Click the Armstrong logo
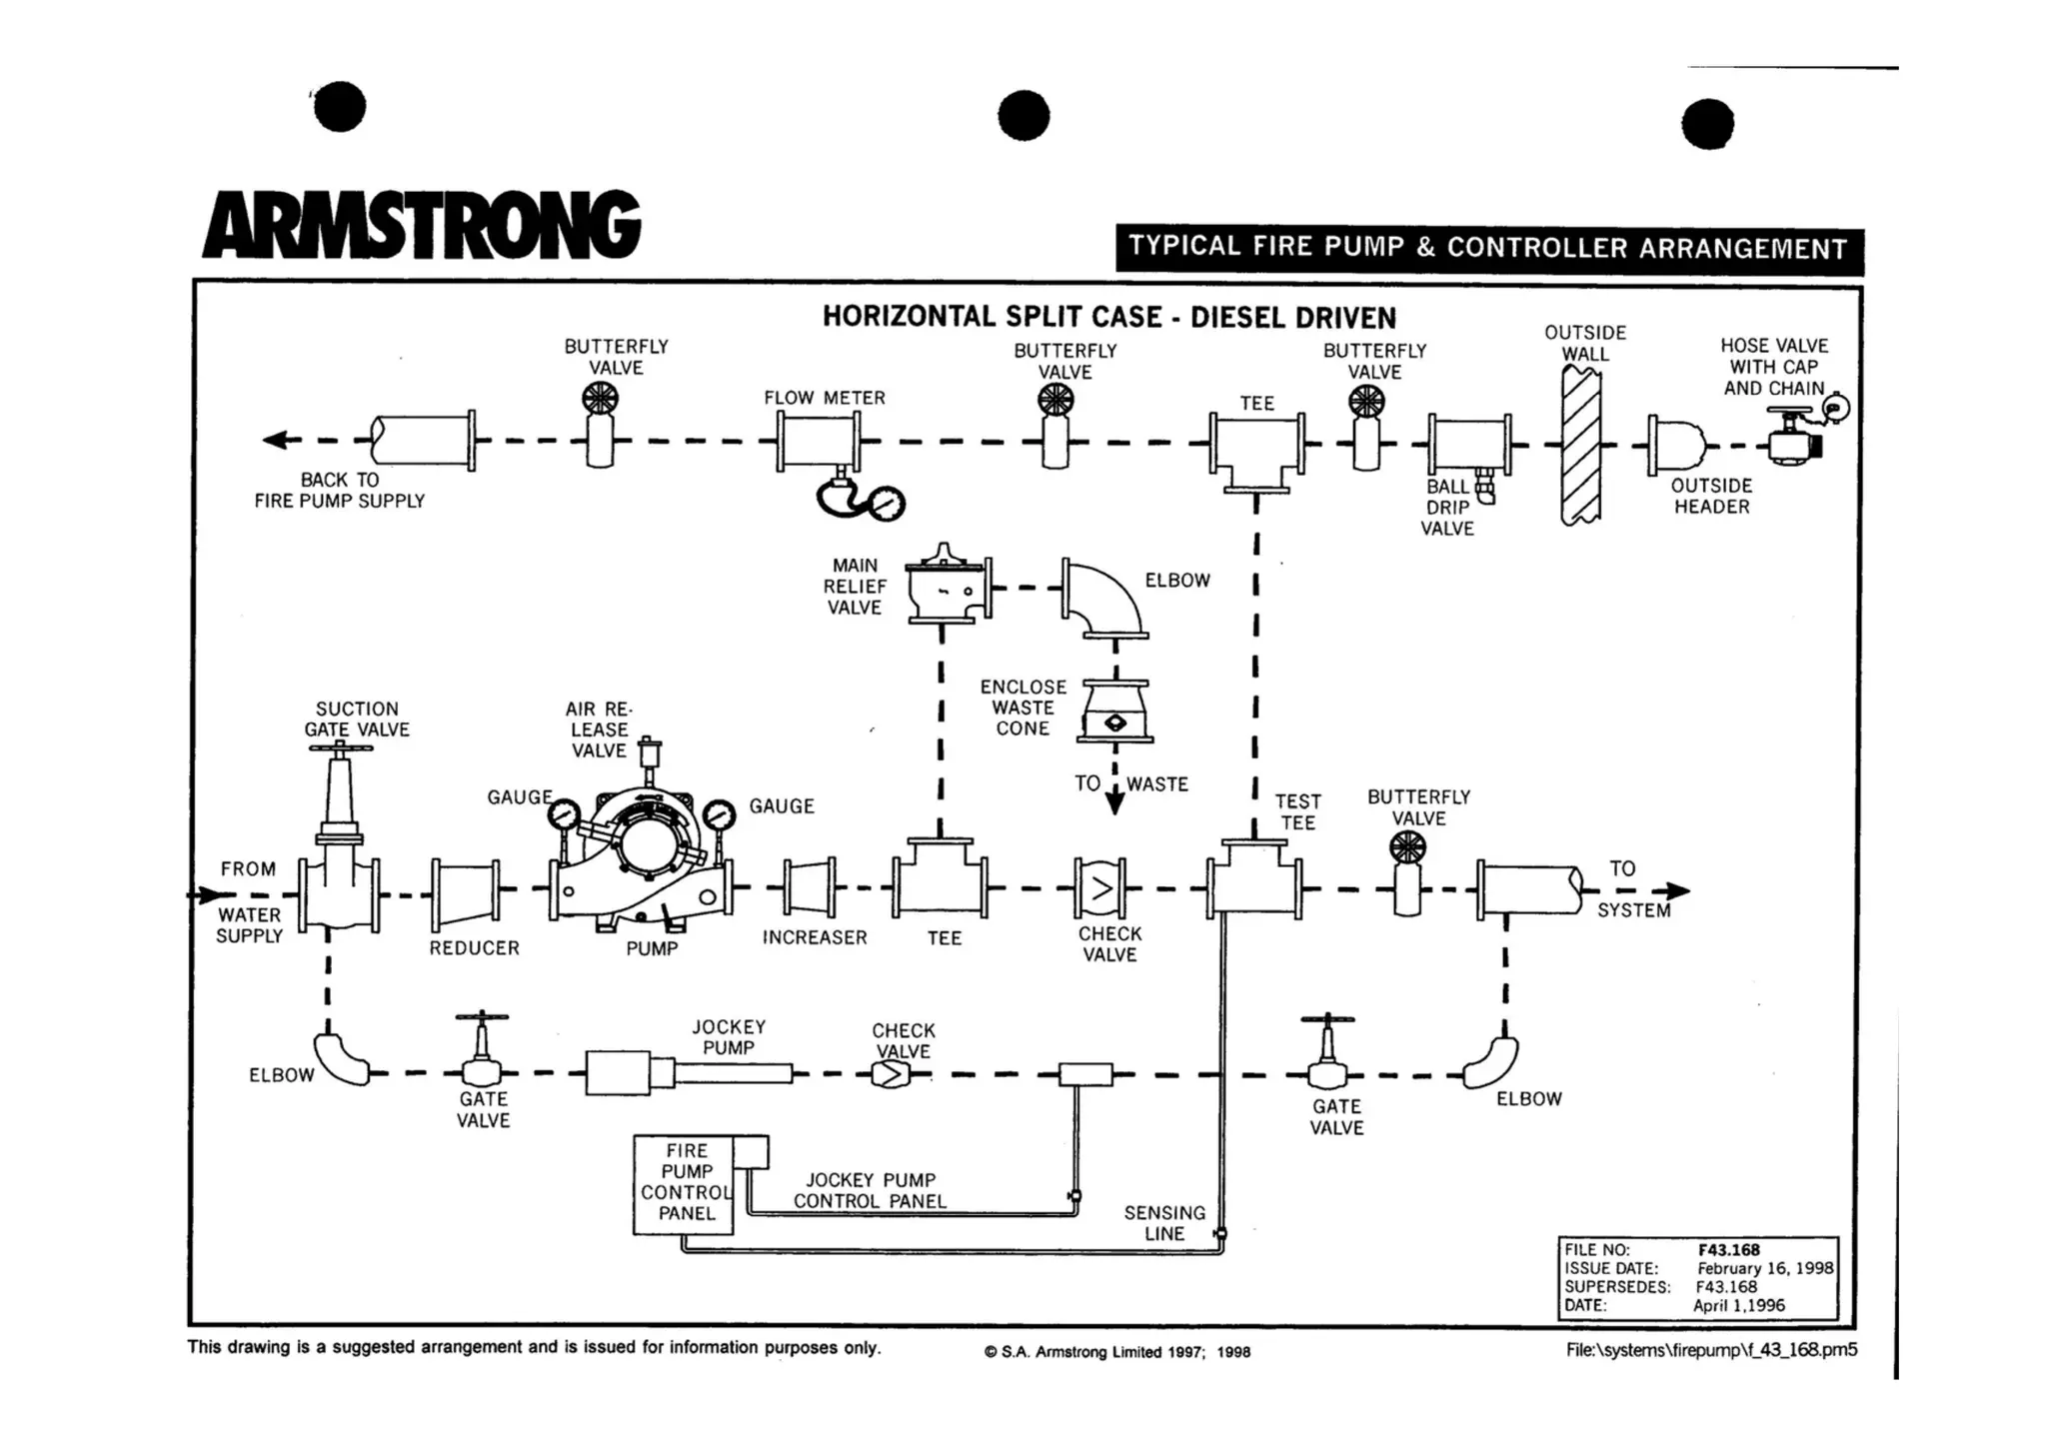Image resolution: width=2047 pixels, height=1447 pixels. (421, 225)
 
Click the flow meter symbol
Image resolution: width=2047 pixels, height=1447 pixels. (819, 442)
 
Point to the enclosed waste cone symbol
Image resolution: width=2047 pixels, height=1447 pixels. (1115, 712)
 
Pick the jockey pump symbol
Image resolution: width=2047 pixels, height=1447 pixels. (690, 1074)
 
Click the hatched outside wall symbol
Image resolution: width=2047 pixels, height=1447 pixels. (1581, 445)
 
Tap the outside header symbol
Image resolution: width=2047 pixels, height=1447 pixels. (1679, 444)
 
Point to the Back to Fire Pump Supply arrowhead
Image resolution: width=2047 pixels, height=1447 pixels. (275, 440)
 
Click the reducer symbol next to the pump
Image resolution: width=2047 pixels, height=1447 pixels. (467, 889)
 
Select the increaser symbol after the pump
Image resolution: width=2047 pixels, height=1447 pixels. (811, 886)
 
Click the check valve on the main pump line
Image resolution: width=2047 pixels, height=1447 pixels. (1100, 887)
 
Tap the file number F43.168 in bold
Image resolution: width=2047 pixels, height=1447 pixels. (1728, 1249)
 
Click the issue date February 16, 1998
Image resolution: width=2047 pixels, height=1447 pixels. (1764, 1268)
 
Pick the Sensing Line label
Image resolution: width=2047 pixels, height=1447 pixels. (1164, 1222)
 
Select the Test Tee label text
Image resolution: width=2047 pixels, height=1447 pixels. (1297, 811)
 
